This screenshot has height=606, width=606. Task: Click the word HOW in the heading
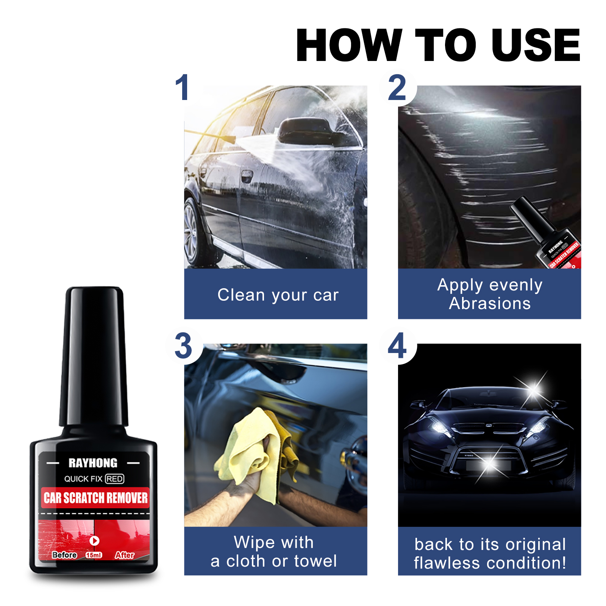[348, 45]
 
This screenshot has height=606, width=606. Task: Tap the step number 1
[183, 88]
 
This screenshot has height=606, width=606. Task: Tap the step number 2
[397, 88]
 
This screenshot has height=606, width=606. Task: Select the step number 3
[183, 346]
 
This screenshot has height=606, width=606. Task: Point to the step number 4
[397, 346]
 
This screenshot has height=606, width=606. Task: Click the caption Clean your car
[278, 295]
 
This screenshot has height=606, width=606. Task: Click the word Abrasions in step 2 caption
[490, 304]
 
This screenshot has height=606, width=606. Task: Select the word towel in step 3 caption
[315, 561]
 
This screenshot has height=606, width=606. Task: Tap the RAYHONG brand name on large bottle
[93, 463]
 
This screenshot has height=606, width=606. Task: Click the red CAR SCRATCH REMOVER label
[95, 498]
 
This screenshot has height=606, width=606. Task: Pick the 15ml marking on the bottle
[94, 555]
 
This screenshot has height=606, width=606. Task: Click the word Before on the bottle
[64, 555]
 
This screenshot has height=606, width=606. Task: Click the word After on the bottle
[124, 555]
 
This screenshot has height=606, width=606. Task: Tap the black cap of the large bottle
[94, 356]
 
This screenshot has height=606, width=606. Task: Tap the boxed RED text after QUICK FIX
[114, 479]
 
